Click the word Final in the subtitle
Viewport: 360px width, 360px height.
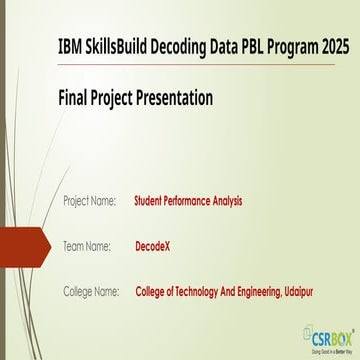tap(76, 98)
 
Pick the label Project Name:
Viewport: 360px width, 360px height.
tap(89, 201)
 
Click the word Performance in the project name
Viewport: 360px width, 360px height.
tap(187, 201)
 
